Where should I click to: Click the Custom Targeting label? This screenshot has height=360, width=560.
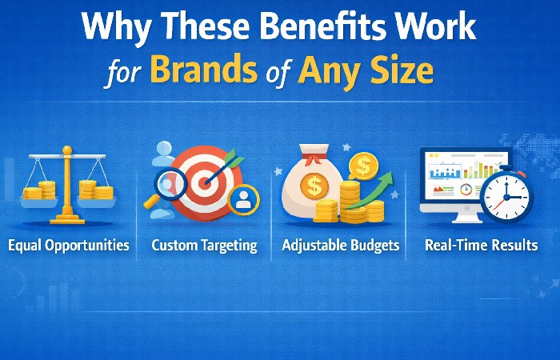205,246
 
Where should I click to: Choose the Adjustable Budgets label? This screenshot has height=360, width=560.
340,246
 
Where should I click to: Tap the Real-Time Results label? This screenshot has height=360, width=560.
482,246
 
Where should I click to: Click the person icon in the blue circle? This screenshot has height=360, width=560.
243,200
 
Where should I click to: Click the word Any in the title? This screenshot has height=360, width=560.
330,72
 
